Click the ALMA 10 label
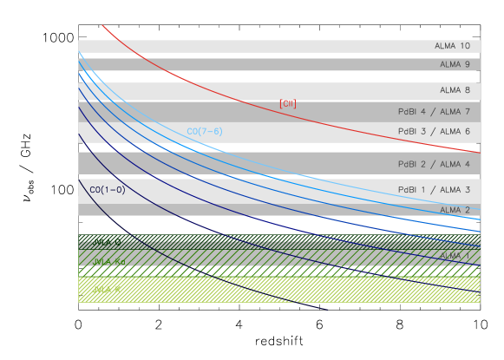452,46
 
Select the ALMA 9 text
455,64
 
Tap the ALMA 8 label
455,90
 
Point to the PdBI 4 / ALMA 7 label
434,111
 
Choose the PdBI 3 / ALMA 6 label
434,131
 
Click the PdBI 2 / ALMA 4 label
434,164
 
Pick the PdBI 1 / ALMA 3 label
434,189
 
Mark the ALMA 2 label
455,210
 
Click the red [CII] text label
288,104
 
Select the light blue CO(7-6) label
205,132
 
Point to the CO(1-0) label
108,189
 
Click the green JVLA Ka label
109,260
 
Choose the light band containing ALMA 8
260,91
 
